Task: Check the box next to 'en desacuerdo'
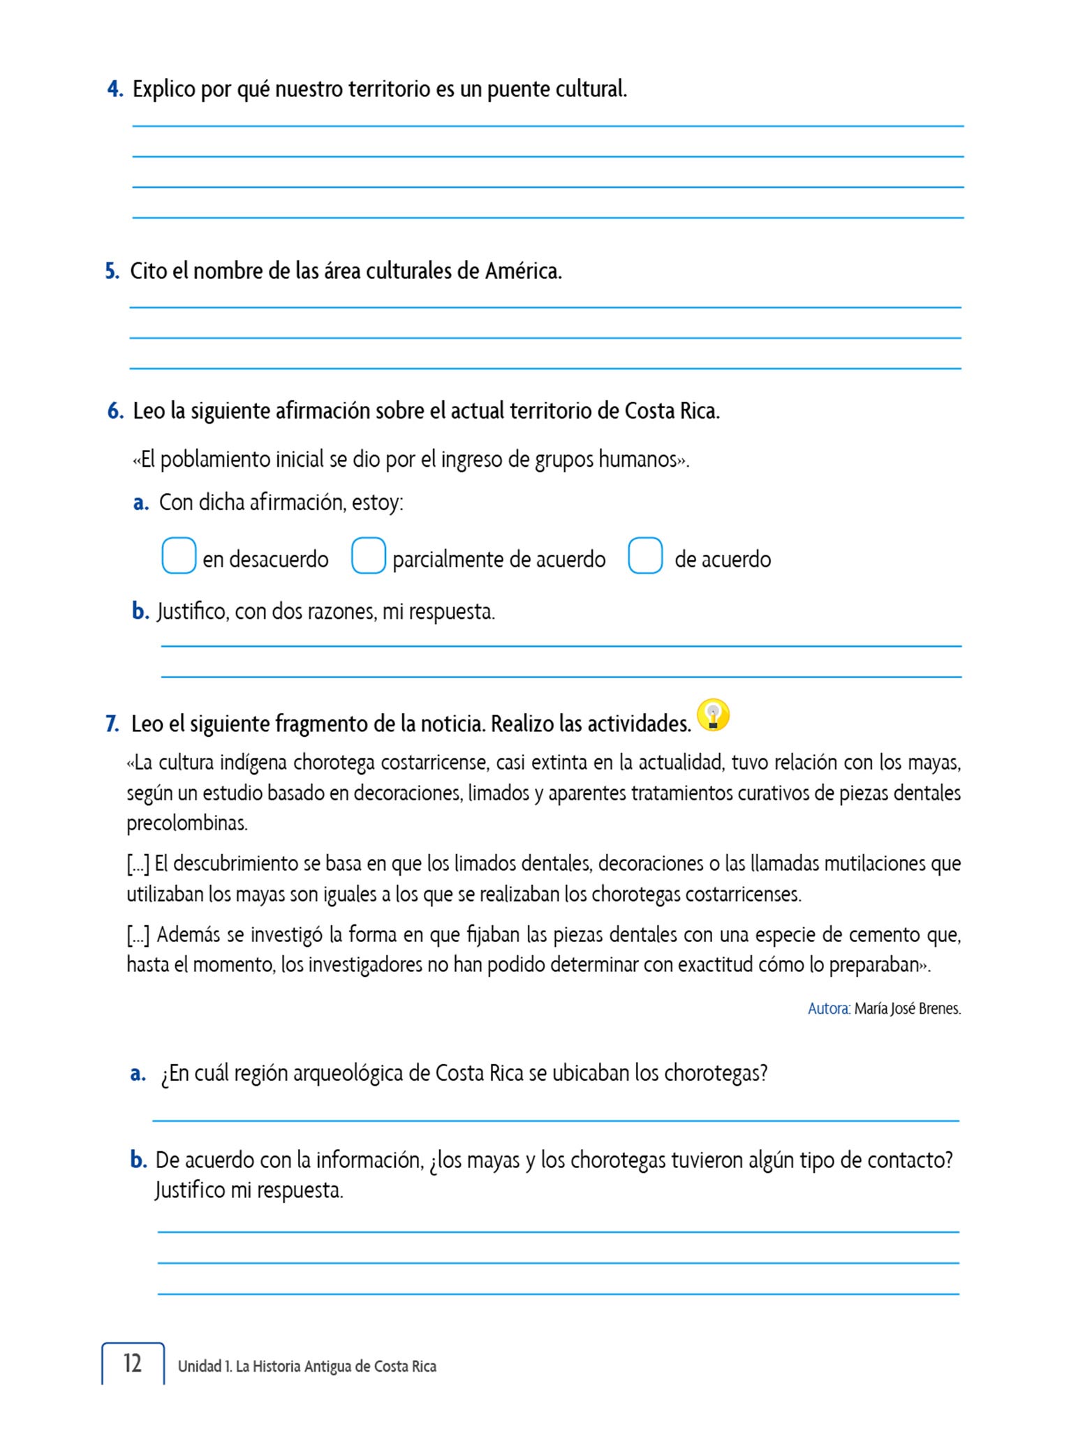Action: pyautogui.click(x=179, y=555)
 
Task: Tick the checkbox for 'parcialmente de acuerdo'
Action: pyautogui.click(x=369, y=555)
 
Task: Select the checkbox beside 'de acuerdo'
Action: pyautogui.click(x=645, y=555)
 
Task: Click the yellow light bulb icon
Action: pyautogui.click(x=713, y=715)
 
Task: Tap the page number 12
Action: pyautogui.click(x=132, y=1363)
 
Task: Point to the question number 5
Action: pyautogui.click(x=112, y=271)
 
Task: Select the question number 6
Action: pyautogui.click(x=115, y=411)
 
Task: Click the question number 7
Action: pyautogui.click(x=112, y=724)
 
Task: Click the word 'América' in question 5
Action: pyautogui.click(x=523, y=271)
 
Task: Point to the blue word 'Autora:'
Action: pyautogui.click(x=829, y=1008)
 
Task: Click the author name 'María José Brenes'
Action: pyautogui.click(x=907, y=1008)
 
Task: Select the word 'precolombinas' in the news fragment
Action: pyautogui.click(x=186, y=823)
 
